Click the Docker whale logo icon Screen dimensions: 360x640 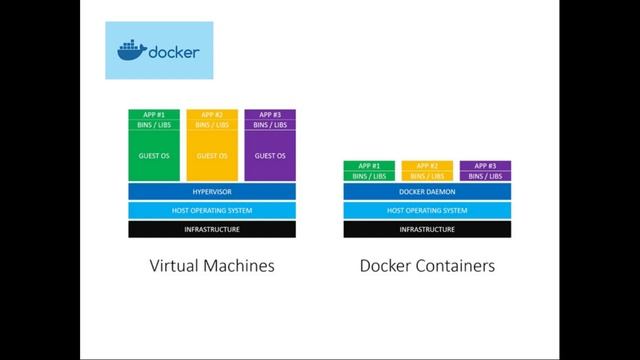click(132, 51)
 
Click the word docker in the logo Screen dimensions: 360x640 click(173, 52)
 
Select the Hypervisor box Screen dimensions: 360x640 click(211, 191)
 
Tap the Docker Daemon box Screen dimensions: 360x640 click(427, 191)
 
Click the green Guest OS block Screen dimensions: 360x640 click(153, 156)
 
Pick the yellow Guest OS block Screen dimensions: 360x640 click(211, 156)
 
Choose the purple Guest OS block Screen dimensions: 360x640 click(270, 156)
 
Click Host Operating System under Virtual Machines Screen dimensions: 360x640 click(211, 210)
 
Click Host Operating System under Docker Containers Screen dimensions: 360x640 click(427, 210)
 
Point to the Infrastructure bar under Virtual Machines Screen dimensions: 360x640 click(211, 229)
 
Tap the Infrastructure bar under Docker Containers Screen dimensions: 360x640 click(427, 229)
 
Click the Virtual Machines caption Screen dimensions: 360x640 click(211, 267)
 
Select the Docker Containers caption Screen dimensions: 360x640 click(427, 267)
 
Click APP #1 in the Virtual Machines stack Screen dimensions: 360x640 click(153, 115)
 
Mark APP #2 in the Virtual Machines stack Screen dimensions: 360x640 click(211, 115)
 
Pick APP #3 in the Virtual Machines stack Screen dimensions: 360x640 click(270, 115)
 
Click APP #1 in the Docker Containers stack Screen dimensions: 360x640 click(369, 166)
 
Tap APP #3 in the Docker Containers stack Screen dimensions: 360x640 click(485, 166)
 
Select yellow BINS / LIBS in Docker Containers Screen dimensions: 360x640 click(427, 176)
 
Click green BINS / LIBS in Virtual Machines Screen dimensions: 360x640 click(153, 125)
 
